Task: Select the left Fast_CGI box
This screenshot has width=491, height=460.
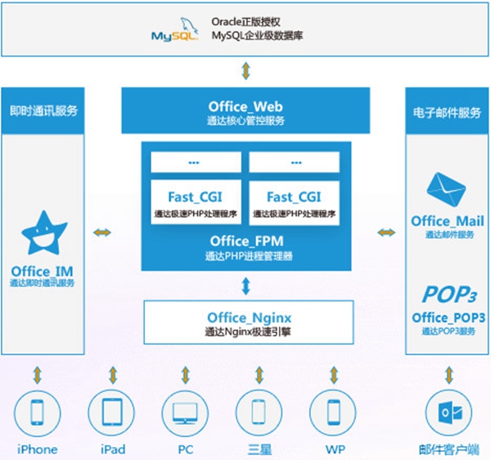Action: click(196, 203)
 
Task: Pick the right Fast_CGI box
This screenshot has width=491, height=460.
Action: click(293, 203)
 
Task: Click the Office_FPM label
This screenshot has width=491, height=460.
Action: click(245, 241)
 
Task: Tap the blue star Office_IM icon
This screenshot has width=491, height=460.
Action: click(42, 232)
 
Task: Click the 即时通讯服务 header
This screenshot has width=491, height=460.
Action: click(43, 110)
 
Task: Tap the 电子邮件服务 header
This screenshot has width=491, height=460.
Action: click(447, 110)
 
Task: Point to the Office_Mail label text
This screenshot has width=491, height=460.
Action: click(447, 221)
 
